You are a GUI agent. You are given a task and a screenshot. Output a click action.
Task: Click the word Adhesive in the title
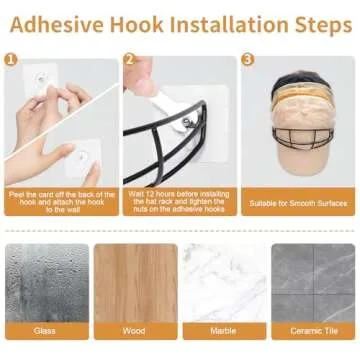coord(58,24)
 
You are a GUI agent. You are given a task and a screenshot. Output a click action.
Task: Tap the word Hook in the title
coord(137,24)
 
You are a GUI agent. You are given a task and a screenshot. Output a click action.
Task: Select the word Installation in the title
coord(229,24)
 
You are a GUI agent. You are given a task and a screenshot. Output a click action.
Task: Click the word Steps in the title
coord(323,25)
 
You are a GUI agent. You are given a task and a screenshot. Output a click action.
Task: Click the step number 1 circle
coord(11,60)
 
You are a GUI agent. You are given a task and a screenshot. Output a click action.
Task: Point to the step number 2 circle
coord(130,60)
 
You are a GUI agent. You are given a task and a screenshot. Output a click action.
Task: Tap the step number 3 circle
coord(248,60)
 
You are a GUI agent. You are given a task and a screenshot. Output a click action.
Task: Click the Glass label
coord(44,331)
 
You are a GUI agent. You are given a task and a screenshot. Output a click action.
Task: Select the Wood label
coord(134,331)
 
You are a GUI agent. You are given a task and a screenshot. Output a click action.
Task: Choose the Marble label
coord(223,331)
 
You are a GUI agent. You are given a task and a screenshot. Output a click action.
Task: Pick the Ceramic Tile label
coord(314,331)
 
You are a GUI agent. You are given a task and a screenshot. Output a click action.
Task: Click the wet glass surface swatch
coord(47,283)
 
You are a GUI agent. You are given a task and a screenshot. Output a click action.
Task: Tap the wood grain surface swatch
coord(136,283)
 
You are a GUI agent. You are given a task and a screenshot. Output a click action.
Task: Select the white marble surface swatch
coord(225,283)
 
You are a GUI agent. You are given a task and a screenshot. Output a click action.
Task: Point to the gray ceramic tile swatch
coord(313,283)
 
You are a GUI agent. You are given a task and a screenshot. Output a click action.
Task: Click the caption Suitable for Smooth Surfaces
coord(298,203)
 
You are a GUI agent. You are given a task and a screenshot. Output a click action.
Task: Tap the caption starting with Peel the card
coord(62,202)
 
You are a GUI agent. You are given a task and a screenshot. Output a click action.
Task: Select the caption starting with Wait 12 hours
coord(180,202)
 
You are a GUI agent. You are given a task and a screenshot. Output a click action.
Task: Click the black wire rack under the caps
coord(303,137)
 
